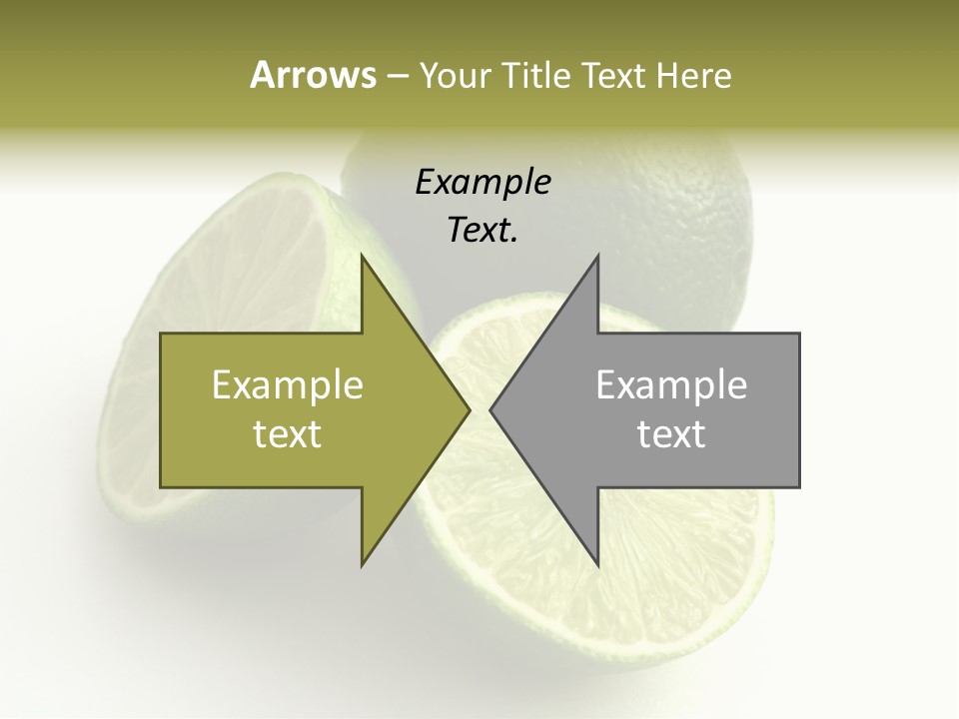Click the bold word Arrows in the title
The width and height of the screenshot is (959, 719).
click(x=313, y=75)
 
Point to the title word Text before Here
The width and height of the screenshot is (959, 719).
click(x=615, y=75)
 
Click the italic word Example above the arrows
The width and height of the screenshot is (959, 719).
click(x=482, y=183)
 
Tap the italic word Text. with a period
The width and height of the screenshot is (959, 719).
click(x=482, y=231)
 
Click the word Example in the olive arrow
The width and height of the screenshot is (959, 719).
click(x=287, y=385)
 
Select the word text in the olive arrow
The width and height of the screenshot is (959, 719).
click(x=287, y=434)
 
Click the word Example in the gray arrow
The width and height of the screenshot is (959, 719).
click(x=671, y=385)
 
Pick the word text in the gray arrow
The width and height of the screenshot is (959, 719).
click(x=671, y=434)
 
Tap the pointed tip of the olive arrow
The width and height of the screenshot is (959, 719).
click(x=469, y=409)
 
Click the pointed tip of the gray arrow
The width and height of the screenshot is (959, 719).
click(x=491, y=409)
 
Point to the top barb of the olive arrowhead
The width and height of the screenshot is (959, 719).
click(x=363, y=259)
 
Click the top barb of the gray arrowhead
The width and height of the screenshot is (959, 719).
click(x=597, y=259)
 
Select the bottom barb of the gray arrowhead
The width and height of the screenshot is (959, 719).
click(x=597, y=563)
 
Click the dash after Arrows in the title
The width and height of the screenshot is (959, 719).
click(x=396, y=76)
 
